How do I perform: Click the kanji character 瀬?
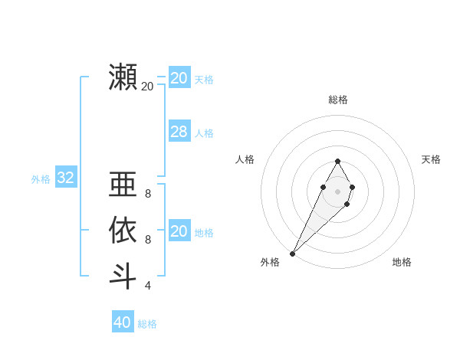[123, 77]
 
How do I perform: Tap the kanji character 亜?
[123, 185]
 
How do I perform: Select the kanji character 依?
[123, 230]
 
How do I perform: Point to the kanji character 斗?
[123, 275]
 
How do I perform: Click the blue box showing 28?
[179, 132]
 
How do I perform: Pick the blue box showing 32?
[66, 178]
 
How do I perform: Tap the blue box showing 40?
[123, 322]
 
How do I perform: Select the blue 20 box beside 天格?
[179, 78]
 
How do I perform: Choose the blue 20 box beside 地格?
[179, 231]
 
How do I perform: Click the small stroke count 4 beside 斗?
[148, 286]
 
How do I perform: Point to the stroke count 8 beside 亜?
[148, 194]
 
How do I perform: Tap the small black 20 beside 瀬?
[147, 87]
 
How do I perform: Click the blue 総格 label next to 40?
[147, 324]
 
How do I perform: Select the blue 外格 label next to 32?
[41, 179]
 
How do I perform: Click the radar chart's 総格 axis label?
[338, 100]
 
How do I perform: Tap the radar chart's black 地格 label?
[402, 262]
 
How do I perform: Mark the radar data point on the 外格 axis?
[292, 253]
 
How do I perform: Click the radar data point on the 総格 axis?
[337, 161]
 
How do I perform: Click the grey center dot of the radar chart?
[337, 190]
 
